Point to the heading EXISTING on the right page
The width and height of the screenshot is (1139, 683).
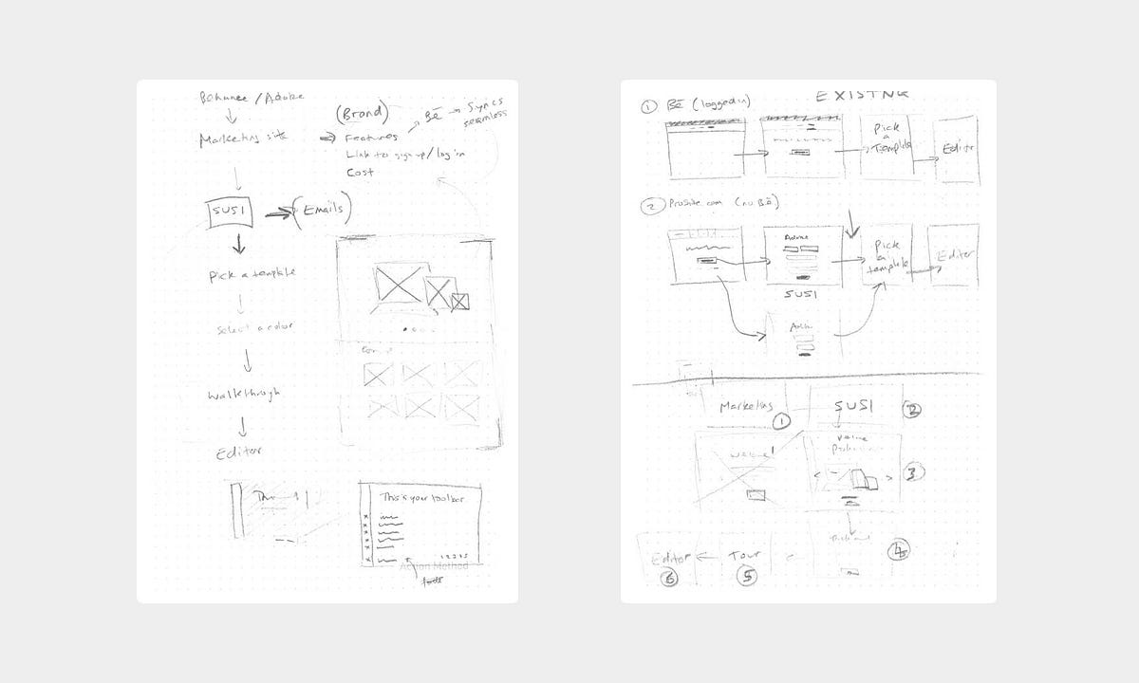862,95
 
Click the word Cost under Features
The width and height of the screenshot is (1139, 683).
360,172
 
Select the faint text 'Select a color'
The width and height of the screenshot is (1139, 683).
254,327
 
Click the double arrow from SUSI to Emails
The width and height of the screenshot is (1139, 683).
277,214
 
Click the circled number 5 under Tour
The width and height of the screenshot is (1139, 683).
747,576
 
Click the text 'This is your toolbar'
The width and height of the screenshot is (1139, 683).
419,496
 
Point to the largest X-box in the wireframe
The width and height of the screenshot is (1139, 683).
398,283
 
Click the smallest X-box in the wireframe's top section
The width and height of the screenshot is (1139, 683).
460,302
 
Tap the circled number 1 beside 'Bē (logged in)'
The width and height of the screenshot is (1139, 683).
647,106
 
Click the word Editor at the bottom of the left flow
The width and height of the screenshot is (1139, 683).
239,453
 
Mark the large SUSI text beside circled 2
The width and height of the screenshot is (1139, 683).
852,406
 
